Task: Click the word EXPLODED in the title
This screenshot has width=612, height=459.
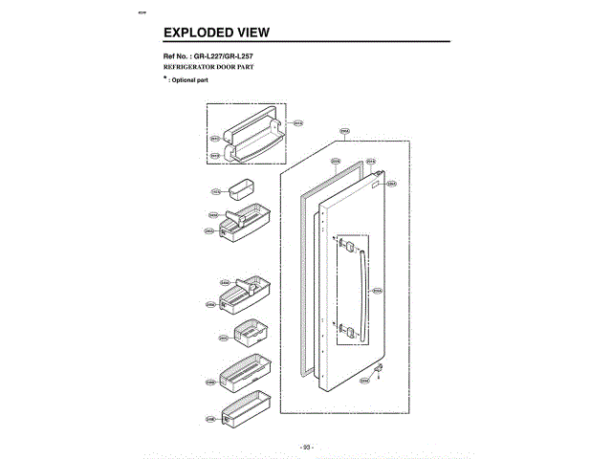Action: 197,33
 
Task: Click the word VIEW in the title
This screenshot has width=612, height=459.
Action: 251,33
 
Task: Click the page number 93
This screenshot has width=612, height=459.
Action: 306,446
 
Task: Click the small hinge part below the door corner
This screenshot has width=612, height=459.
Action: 380,366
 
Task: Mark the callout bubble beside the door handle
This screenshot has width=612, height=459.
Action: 377,291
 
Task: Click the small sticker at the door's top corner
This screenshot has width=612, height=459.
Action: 379,179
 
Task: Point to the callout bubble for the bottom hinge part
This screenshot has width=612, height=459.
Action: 364,381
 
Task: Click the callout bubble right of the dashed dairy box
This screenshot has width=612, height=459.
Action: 297,122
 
